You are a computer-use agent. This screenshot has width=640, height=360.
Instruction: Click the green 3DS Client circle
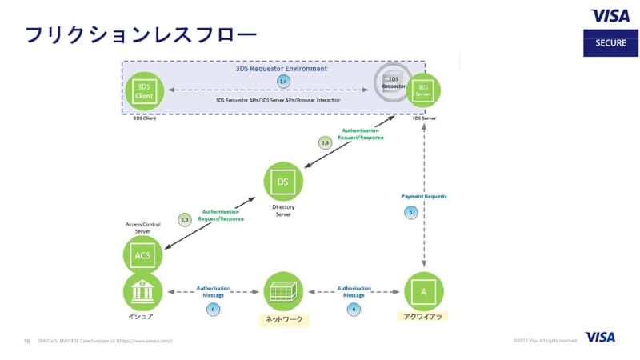pos(144,91)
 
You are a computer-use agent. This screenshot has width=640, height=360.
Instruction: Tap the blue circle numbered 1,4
pos(282,82)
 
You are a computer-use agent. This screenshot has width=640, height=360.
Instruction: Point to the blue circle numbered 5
pos(411,212)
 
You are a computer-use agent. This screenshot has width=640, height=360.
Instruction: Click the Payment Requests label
pos(423,196)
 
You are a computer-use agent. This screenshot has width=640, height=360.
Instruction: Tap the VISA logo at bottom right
pos(600,338)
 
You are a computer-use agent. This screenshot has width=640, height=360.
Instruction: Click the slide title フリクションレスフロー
pos(139,34)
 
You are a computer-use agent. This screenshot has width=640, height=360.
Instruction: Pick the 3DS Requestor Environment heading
pos(281,69)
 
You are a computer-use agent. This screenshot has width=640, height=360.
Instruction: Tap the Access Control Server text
pos(143,227)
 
